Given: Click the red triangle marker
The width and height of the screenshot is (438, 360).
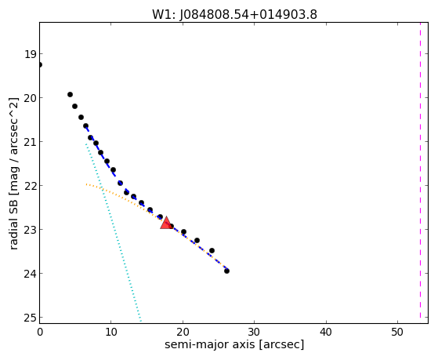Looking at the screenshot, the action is tap(166, 223).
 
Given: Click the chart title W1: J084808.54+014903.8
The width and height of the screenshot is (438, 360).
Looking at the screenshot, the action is tap(234, 15).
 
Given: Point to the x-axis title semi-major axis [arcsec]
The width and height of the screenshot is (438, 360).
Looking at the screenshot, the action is tap(234, 344).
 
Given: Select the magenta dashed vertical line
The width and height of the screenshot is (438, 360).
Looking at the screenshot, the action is tap(420, 170).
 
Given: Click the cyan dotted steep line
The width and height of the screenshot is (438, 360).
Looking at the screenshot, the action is tap(114, 232).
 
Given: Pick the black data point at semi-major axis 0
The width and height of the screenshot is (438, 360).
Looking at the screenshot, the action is tap(40, 65).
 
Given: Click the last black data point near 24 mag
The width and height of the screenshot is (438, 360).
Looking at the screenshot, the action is tap(226, 271).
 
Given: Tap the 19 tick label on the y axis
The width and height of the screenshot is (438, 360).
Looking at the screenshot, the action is tap(30, 54).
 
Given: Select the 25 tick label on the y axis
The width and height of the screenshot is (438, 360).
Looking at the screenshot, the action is tap(30, 318).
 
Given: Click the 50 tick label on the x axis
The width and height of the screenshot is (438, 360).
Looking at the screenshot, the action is tap(397, 332).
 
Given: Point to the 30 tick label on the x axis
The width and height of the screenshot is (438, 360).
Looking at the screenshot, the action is tap(254, 332).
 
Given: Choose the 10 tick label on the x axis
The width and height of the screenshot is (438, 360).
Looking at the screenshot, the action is tap(111, 332).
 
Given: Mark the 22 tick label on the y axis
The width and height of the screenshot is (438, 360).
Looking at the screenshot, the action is tap(30, 186).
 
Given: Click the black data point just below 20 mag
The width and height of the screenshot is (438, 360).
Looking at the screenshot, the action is tap(70, 95).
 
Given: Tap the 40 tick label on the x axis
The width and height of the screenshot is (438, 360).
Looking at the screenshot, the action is tap(326, 332).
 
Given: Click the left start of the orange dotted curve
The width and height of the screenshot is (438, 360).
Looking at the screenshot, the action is tap(86, 184).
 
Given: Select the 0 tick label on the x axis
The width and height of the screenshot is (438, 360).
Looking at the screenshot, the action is tap(40, 332).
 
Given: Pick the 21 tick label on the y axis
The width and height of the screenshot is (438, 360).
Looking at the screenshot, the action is tap(30, 142).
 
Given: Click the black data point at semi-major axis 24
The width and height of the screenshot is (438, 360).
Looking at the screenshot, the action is tap(212, 251).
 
